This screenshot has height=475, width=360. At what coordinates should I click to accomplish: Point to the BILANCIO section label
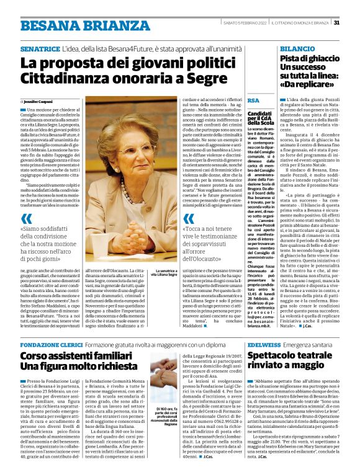coord(297,48)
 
